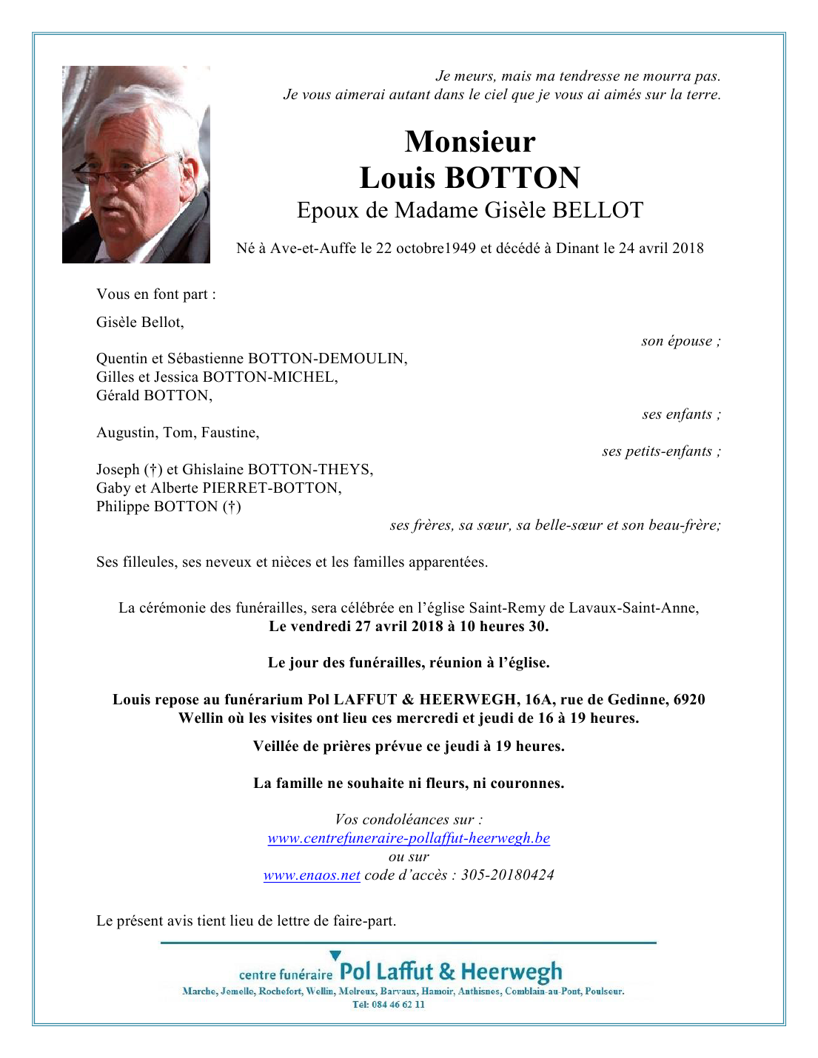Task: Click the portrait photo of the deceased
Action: tap(136, 164)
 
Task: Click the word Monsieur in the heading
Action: tap(470, 141)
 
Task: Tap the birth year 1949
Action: tap(460, 249)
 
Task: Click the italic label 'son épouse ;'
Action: tap(680, 341)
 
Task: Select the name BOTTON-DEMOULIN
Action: tap(327, 359)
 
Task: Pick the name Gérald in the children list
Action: tap(118, 396)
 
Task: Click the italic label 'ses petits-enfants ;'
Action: tap(661, 451)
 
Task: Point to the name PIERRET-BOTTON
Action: tap(272, 488)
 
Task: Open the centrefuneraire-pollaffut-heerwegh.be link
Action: tap(409, 838)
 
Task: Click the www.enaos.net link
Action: tap(312, 875)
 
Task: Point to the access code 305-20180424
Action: tap(507, 875)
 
